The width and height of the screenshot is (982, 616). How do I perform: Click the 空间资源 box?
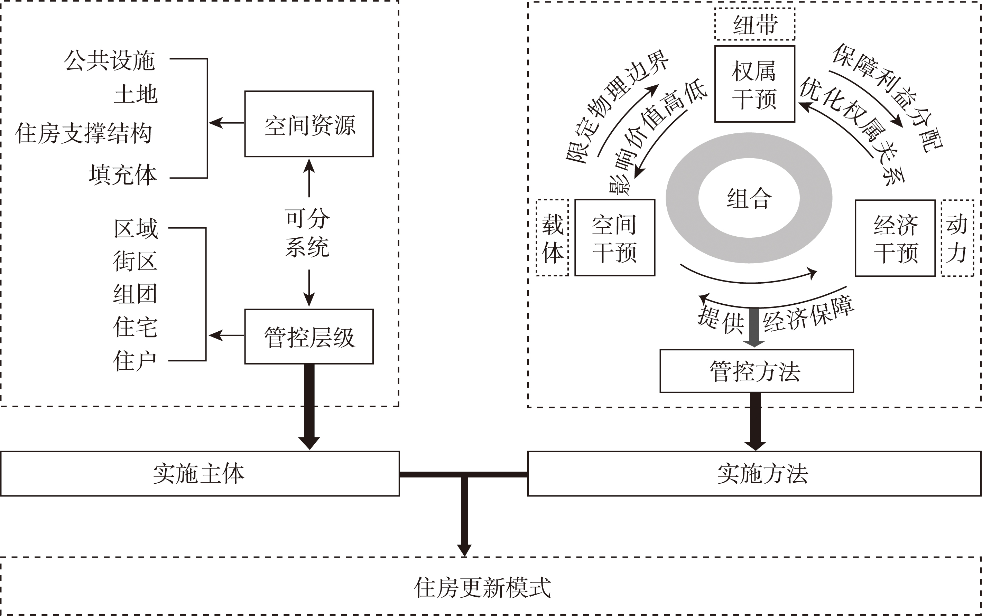[x=308, y=124]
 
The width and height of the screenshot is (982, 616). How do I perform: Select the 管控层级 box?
[x=308, y=337]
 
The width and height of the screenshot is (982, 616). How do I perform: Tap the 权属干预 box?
[x=754, y=84]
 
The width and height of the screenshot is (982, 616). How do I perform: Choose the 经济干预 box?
[x=895, y=238]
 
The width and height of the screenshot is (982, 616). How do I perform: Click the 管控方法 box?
[x=756, y=371]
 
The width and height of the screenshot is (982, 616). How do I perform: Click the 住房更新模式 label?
[x=482, y=587]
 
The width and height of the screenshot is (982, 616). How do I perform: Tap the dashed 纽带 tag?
[x=754, y=25]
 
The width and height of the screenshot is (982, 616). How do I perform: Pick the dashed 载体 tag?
[x=552, y=238]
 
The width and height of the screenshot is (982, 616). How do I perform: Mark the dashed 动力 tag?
[x=957, y=238]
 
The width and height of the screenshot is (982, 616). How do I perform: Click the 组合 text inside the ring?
[x=749, y=198]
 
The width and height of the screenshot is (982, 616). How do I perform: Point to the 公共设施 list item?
[x=110, y=60]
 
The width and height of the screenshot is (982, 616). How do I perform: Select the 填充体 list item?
[x=123, y=175]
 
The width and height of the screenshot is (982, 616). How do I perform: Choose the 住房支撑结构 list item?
[x=84, y=133]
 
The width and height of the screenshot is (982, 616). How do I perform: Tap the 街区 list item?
[x=135, y=261]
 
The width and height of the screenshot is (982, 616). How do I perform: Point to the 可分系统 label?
[x=307, y=232]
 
